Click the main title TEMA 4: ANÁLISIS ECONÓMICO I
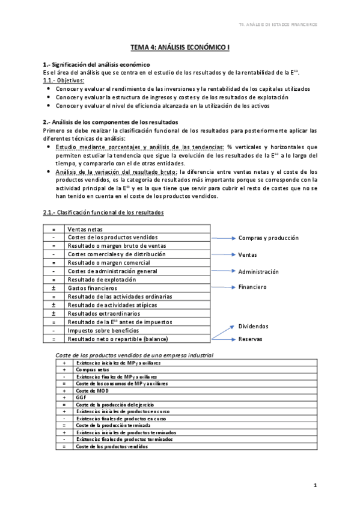tap(180, 46)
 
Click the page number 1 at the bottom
tap(315, 485)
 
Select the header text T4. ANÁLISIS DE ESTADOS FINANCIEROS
tap(277, 25)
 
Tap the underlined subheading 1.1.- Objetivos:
tap(63, 80)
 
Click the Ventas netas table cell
tap(85, 229)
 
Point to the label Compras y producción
tap(268, 238)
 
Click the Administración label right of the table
tap(258, 271)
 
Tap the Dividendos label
tap(253, 327)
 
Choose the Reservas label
tap(251, 339)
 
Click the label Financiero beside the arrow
tap(252, 287)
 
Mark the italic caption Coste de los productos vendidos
tap(134, 355)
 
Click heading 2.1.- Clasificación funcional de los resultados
tap(103, 212)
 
